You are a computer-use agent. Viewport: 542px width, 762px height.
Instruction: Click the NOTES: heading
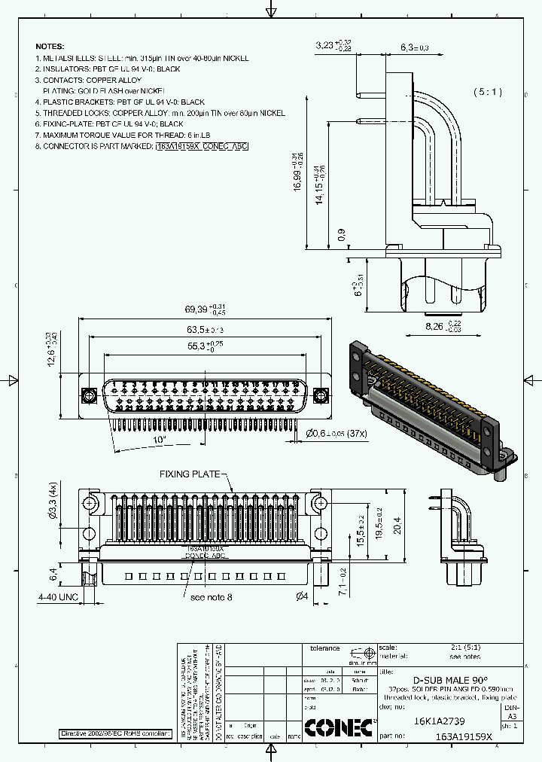50,47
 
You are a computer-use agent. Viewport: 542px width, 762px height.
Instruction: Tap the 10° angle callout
159,439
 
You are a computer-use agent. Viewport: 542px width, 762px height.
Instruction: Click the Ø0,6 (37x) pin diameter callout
336,433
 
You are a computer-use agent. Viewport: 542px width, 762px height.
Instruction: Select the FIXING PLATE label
190,474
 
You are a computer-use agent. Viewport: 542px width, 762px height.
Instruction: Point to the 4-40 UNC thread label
58,596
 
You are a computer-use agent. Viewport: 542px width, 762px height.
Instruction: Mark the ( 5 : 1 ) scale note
488,92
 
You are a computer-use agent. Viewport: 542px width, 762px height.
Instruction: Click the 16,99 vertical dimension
299,172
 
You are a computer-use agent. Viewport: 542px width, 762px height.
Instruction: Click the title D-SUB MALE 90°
450,679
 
